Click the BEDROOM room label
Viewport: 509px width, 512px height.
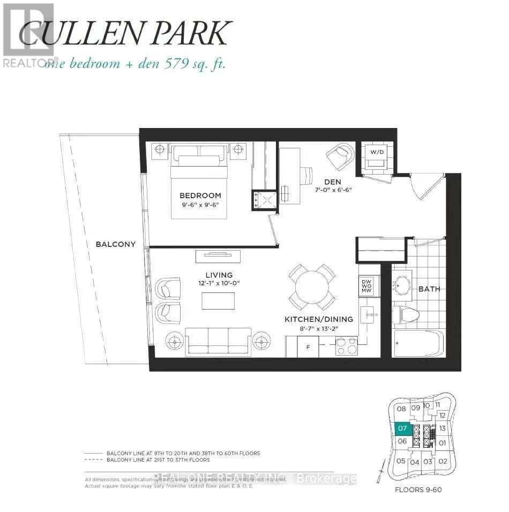(x=200, y=195)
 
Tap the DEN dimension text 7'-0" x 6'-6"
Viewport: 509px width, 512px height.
(x=333, y=190)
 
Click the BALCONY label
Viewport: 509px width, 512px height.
(x=115, y=244)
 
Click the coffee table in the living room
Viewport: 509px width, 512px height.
(x=218, y=300)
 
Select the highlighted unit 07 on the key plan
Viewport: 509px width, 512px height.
(x=403, y=428)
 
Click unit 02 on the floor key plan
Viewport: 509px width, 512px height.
(x=442, y=461)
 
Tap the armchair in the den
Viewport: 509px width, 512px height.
(x=340, y=156)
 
